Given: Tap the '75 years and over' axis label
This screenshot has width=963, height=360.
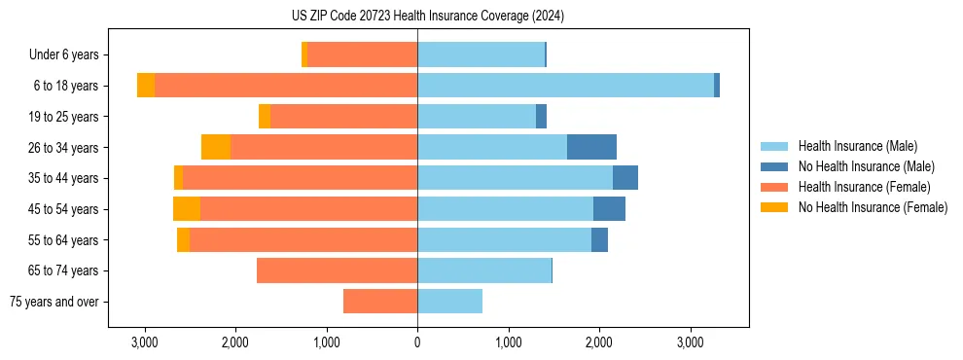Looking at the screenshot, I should click(53, 302).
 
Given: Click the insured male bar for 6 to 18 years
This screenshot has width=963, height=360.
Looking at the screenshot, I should click(565, 86).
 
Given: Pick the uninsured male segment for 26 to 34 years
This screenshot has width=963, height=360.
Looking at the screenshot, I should click(591, 147).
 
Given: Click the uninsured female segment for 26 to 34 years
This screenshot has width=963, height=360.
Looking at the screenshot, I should click(216, 147).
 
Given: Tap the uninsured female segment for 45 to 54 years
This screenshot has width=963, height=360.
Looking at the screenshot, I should click(187, 209).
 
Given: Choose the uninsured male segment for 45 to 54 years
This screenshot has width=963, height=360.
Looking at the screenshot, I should click(609, 209).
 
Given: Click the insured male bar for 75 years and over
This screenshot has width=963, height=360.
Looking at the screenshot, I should click(449, 302).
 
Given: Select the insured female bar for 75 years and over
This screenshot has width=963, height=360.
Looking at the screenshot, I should click(380, 302).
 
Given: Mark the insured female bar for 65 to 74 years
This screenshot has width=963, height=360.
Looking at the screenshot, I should click(337, 270).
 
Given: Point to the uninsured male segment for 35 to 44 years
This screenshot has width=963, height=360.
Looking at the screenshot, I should click(625, 178).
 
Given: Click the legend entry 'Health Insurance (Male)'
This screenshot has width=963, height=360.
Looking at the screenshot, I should click(857, 146).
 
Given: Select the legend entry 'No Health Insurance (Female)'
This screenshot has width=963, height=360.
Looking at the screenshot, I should click(873, 207).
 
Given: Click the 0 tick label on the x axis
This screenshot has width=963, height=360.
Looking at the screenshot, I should click(417, 342).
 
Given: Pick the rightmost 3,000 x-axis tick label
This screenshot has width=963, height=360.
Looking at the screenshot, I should click(690, 342).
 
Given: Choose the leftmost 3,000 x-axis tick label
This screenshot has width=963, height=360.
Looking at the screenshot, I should click(144, 342).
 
